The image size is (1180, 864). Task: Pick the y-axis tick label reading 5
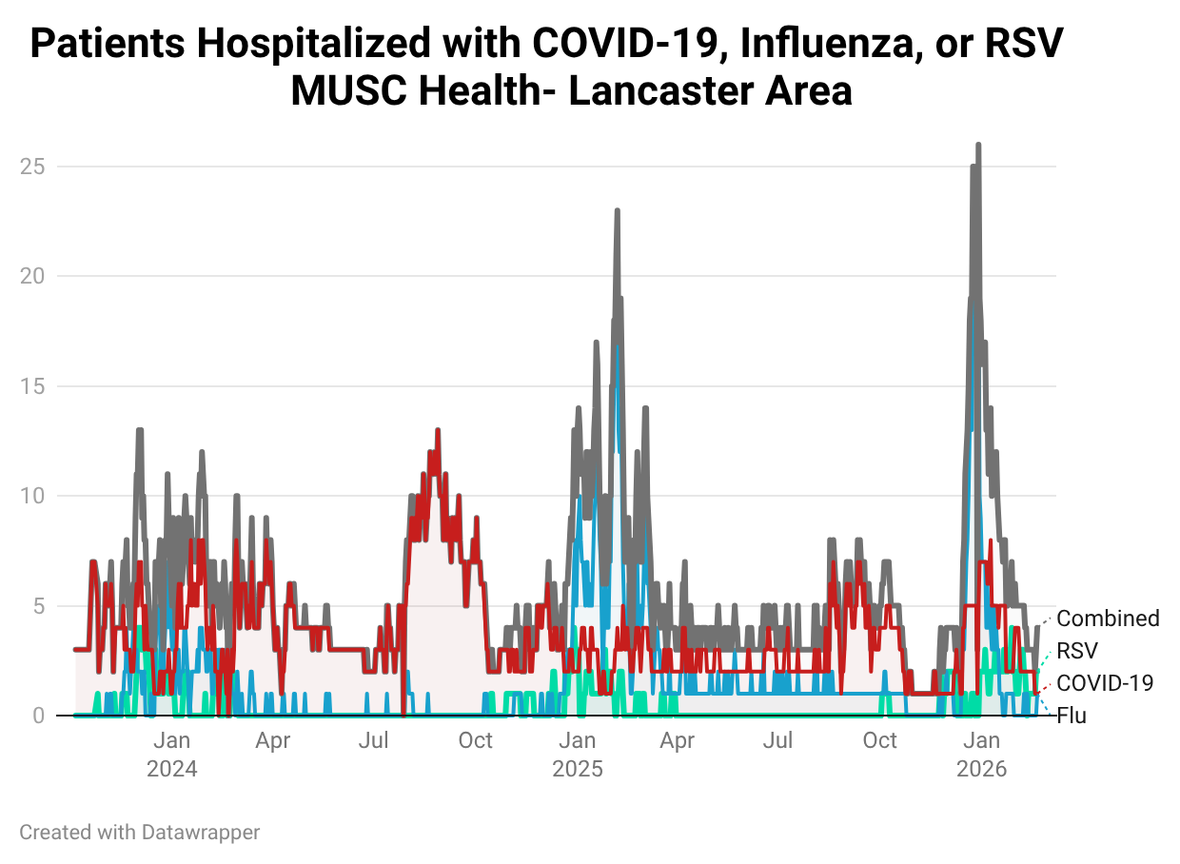pyautogui.click(x=40, y=606)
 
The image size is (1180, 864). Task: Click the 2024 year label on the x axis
pyautogui.click(x=172, y=769)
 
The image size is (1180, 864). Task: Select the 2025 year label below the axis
pyautogui.click(x=578, y=769)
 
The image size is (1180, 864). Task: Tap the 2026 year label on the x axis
pyautogui.click(x=982, y=769)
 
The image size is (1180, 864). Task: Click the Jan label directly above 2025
pyautogui.click(x=578, y=740)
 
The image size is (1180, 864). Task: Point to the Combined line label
pyautogui.click(x=1108, y=619)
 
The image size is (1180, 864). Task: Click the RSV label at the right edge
pyautogui.click(x=1077, y=651)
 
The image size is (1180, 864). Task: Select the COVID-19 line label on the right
pyautogui.click(x=1105, y=683)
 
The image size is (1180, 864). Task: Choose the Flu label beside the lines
pyautogui.click(x=1072, y=716)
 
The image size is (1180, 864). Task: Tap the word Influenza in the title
pyautogui.click(x=797, y=45)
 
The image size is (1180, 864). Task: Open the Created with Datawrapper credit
pyautogui.click(x=140, y=833)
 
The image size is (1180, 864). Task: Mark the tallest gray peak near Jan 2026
pyautogui.click(x=978, y=146)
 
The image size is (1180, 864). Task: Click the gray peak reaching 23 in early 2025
pyautogui.click(x=617, y=211)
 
